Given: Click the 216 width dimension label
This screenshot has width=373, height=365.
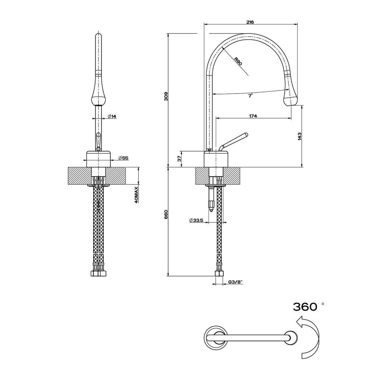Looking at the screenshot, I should [x=250, y=22].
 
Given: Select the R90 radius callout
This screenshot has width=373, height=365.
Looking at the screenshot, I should [x=238, y=61].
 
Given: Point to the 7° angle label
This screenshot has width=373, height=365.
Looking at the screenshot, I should [x=250, y=96].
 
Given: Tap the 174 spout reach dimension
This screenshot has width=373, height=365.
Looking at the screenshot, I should [x=253, y=116].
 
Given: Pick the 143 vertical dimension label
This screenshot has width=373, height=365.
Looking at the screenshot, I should [x=299, y=136].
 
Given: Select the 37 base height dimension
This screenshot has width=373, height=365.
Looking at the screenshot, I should [x=179, y=159].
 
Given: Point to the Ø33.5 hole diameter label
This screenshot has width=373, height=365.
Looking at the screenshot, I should [x=196, y=220].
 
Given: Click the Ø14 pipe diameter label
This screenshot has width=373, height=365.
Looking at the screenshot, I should [x=112, y=117].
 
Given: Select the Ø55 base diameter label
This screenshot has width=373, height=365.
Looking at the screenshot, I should [x=123, y=158].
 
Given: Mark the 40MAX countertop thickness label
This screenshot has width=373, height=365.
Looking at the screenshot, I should [x=137, y=194].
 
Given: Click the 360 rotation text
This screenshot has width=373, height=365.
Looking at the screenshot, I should [x=305, y=307].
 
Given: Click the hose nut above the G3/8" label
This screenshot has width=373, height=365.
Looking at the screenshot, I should [x=219, y=274].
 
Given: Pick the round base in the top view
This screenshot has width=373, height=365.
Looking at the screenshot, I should [x=215, y=337].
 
